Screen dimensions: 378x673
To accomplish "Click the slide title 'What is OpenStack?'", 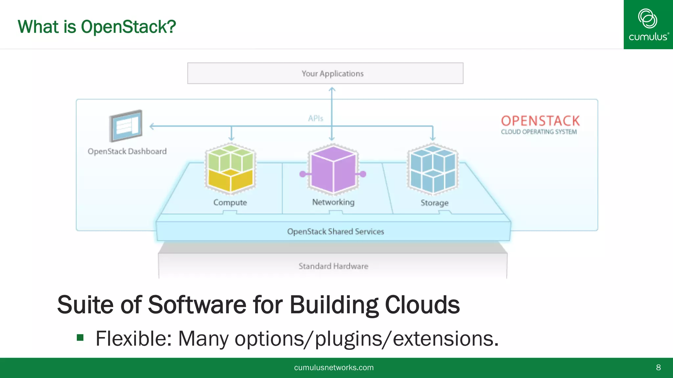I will coord(97,27).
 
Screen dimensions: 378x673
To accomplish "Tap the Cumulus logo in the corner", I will coord(648,25).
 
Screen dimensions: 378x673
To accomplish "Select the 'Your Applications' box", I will coord(325,73).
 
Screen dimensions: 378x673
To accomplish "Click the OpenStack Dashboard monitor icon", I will coord(126,126).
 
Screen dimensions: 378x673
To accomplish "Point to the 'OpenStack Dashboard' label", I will coord(127,151).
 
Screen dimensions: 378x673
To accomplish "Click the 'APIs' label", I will coord(315,118).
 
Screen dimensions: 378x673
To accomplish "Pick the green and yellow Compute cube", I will coord(230,169).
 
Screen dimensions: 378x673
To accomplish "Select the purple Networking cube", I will coord(333,169).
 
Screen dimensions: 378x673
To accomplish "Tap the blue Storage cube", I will coord(433,169).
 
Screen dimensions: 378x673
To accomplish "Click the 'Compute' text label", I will coord(230,202).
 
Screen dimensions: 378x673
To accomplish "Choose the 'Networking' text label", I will coord(333,202).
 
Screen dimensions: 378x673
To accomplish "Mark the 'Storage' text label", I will coord(434,203).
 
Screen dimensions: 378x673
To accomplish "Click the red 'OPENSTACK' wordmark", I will coord(540,121).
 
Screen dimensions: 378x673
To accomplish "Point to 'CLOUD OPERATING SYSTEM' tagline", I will coord(539,132).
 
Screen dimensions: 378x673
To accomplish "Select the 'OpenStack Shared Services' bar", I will coord(335,231).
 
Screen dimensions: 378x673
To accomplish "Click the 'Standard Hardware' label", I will coord(333,266).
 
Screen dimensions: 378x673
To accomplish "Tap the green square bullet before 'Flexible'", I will coord(80,338).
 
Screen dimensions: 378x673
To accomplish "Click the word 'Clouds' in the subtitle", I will coord(422,305).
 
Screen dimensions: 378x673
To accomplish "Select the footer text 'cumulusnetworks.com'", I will coord(334,367).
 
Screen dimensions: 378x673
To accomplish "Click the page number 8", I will coord(658,367).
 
